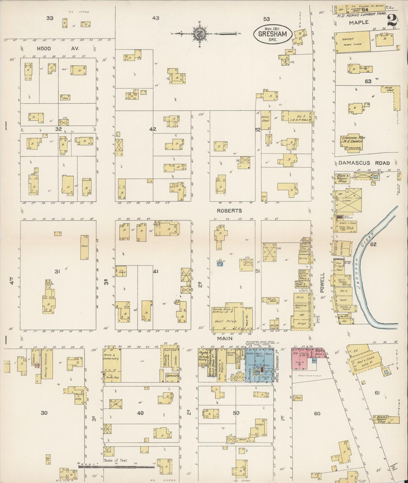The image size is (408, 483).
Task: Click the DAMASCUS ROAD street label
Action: coord(364,163)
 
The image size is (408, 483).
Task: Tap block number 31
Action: coord(57,271)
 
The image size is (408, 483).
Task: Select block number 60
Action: coord(317,413)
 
